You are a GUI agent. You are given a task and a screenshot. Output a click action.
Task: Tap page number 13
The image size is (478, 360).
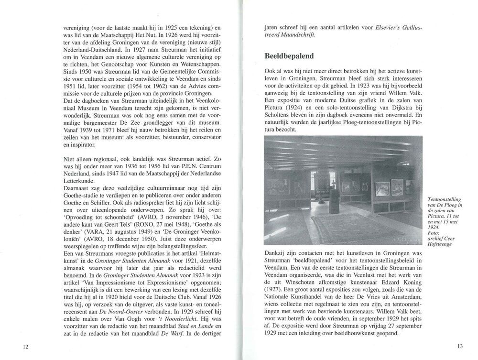click(460, 346)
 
